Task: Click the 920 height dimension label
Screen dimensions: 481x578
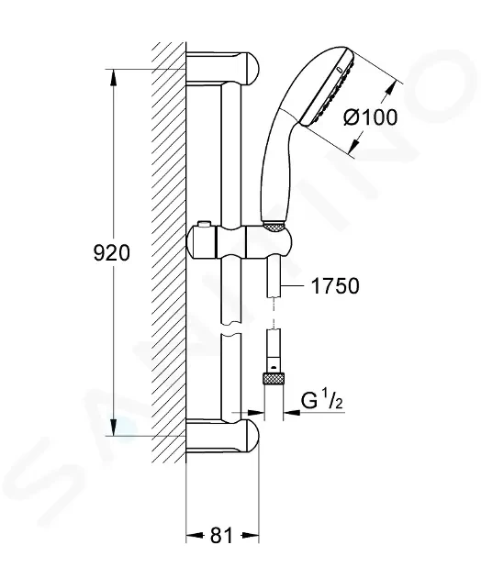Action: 112,253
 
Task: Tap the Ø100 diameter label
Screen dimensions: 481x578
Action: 370,117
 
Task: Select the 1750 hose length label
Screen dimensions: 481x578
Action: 335,286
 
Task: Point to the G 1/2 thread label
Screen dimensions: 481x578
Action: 322,401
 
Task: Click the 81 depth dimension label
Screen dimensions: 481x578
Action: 222,535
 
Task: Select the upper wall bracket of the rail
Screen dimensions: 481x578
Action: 222,69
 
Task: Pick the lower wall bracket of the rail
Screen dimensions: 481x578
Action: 222,436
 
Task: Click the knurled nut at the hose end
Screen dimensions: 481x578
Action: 274,379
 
